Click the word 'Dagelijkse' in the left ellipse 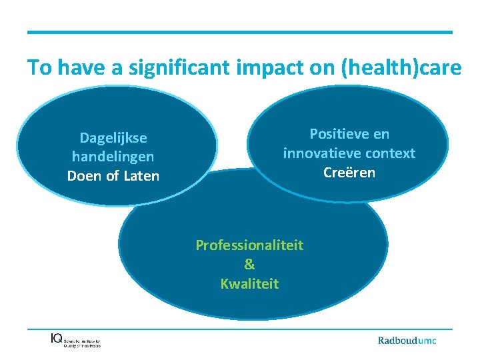pos(113,138)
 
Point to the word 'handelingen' pos(113,157)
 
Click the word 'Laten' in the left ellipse pos(141,176)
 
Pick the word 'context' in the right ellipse pos(390,153)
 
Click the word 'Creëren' pos(349,172)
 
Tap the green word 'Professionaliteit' pos(249,245)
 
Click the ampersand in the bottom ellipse pos(249,265)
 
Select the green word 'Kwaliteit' pos(249,284)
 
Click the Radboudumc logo pos(407,340)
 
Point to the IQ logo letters pos(57,338)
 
